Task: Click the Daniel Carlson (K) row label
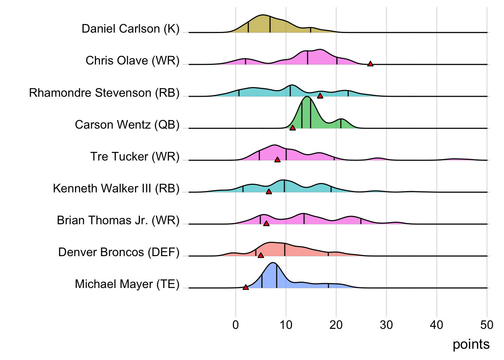click(130, 29)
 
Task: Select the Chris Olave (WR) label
click(132, 61)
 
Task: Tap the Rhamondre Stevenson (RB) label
click(104, 93)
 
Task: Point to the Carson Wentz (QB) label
click(127, 124)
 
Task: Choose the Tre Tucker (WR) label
click(135, 156)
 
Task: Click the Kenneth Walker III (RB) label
click(116, 188)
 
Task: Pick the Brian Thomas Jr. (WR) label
click(118, 220)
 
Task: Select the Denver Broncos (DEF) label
click(119, 252)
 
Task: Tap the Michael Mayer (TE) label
click(127, 284)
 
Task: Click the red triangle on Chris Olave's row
click(370, 64)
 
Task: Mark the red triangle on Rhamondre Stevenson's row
click(320, 96)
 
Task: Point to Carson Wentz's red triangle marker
click(292, 128)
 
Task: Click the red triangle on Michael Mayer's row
click(246, 287)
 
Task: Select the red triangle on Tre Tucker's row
click(277, 160)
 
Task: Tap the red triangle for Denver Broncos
click(261, 255)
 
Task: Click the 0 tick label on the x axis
click(235, 325)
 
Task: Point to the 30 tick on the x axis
click(386, 325)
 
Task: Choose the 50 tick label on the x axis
click(487, 325)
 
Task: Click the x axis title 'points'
click(471, 344)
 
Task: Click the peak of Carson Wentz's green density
click(307, 97)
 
